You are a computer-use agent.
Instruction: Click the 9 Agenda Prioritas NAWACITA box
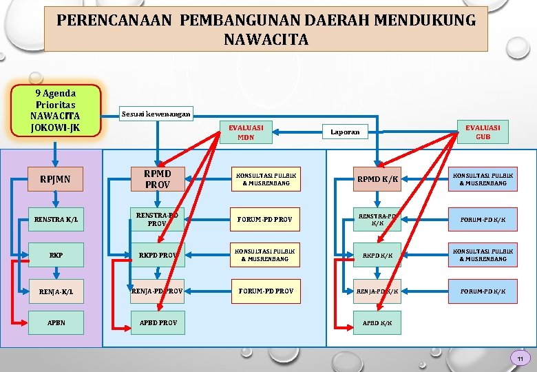click(x=56, y=110)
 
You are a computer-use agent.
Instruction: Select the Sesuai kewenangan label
click(x=156, y=114)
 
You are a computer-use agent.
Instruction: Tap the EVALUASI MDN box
click(x=246, y=132)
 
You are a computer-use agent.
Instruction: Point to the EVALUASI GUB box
click(x=483, y=132)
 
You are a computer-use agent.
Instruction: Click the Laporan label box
click(x=345, y=132)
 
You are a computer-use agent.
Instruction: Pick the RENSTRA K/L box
click(x=56, y=220)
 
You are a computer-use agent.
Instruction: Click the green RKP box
click(x=56, y=255)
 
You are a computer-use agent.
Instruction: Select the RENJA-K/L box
click(x=56, y=291)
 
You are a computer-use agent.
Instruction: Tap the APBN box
click(x=56, y=323)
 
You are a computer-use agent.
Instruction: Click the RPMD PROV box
click(x=157, y=180)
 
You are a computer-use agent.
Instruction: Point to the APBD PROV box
click(x=157, y=323)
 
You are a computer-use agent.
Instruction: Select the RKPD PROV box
click(x=157, y=255)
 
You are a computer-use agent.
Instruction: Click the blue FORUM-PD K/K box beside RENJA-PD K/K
click(x=483, y=291)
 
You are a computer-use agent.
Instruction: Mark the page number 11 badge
click(x=520, y=359)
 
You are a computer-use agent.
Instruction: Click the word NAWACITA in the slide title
click(x=266, y=40)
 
